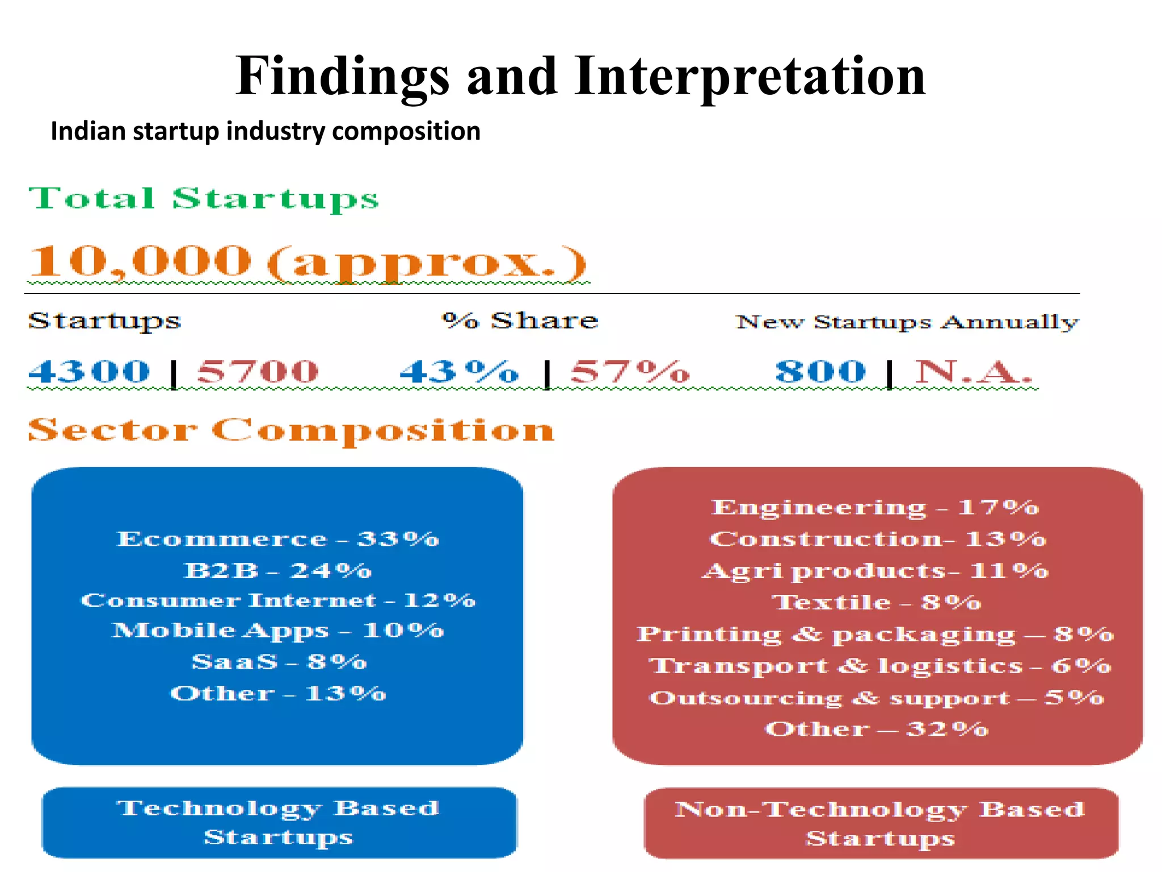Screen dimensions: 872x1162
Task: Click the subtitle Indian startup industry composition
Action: click(266, 131)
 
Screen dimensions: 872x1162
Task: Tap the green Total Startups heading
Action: click(204, 199)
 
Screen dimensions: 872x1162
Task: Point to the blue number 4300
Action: click(90, 372)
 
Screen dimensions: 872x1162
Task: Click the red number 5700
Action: click(258, 372)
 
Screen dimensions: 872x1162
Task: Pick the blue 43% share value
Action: click(459, 372)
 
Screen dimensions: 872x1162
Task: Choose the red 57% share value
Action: click(630, 372)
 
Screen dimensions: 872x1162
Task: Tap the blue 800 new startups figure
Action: click(820, 372)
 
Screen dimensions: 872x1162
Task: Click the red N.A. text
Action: click(972, 372)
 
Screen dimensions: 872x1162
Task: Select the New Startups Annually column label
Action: click(907, 322)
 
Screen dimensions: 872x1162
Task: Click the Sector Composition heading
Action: click(291, 430)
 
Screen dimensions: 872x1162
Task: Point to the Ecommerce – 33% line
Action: click(278, 539)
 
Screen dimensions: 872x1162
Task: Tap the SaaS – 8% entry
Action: click(279, 661)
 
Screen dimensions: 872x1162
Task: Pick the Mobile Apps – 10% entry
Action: click(278, 630)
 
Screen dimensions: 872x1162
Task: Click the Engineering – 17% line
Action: click(875, 507)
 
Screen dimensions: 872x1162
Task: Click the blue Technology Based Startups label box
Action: click(279, 823)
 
